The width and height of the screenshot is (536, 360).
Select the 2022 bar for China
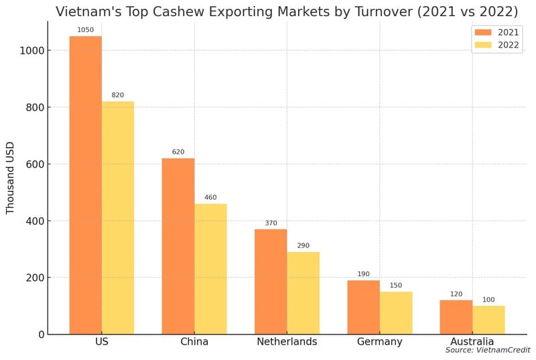pyautogui.click(x=210, y=269)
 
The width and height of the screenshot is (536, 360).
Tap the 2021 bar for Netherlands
pyautogui.click(x=271, y=282)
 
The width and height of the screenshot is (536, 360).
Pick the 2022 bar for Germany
pyautogui.click(x=396, y=313)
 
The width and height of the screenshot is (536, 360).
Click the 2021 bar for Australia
pyautogui.click(x=456, y=317)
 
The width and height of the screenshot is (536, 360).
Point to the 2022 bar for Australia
pyautogui.click(x=488, y=320)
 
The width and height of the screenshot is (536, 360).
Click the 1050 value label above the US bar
pyautogui.click(x=86, y=30)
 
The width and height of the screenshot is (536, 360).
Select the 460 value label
pyautogui.click(x=210, y=198)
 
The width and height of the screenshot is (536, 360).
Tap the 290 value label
pyautogui.click(x=303, y=246)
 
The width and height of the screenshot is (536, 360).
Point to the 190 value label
pyautogui.click(x=364, y=274)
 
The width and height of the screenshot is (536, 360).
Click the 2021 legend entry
pyautogui.click(x=496, y=32)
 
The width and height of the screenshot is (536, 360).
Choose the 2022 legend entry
pyautogui.click(x=496, y=46)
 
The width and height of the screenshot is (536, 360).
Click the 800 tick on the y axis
pyautogui.click(x=35, y=107)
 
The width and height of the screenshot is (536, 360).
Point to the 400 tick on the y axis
pyautogui.click(x=35, y=221)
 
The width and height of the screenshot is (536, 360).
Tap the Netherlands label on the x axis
pyautogui.click(x=287, y=342)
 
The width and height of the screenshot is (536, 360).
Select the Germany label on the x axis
pyautogui.click(x=380, y=342)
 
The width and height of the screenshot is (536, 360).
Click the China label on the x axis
pyautogui.click(x=194, y=342)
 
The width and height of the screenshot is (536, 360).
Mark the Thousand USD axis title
pyautogui.click(x=10, y=178)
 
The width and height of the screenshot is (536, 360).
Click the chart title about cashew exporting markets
pyautogui.click(x=286, y=11)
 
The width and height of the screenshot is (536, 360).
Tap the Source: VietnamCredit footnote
pyautogui.click(x=488, y=351)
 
